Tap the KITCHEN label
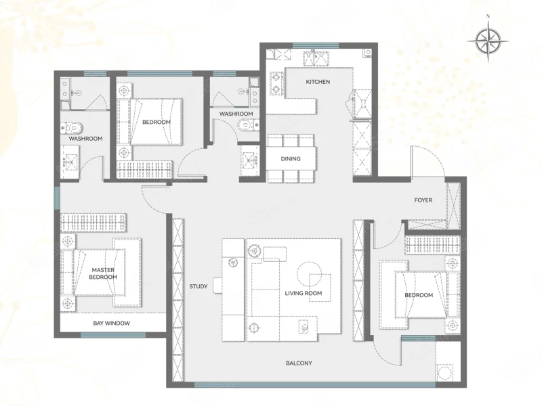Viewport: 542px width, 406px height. click(318, 82)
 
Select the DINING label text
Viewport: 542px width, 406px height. click(291, 159)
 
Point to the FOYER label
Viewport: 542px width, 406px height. click(423, 200)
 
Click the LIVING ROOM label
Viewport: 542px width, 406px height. click(303, 293)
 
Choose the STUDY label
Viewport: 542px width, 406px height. click(199, 286)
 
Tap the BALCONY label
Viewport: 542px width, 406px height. click(299, 363)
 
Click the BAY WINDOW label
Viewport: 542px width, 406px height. click(111, 323)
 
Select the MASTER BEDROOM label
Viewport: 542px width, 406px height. click(103, 273)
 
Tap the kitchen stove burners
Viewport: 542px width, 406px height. click(276, 83)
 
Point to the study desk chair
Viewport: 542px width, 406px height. click(217, 286)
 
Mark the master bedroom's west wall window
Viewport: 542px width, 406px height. click(57, 198)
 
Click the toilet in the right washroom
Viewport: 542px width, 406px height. click(248, 125)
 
